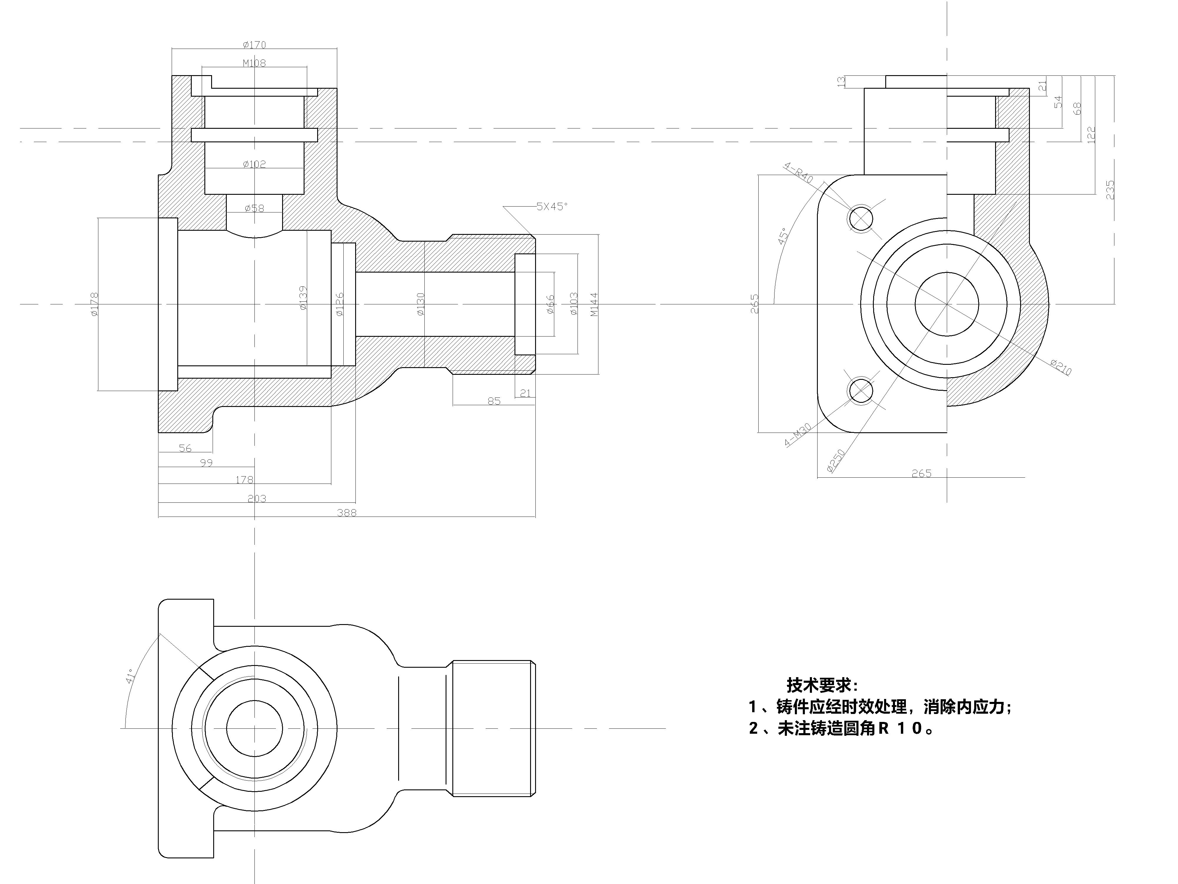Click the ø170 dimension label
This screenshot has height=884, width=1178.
[x=254, y=45]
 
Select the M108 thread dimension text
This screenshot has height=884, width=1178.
[x=254, y=63]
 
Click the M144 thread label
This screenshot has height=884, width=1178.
[x=594, y=304]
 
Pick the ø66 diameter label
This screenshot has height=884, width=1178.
[x=551, y=304]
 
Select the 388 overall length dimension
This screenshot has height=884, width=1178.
[x=347, y=513]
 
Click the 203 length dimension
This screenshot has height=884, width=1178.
[x=257, y=498]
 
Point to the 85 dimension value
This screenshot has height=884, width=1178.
[x=494, y=401]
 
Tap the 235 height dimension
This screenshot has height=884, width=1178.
[x=1110, y=190]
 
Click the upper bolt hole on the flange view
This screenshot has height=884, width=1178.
[x=861, y=218]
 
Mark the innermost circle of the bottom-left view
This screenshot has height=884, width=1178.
[x=254, y=701]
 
